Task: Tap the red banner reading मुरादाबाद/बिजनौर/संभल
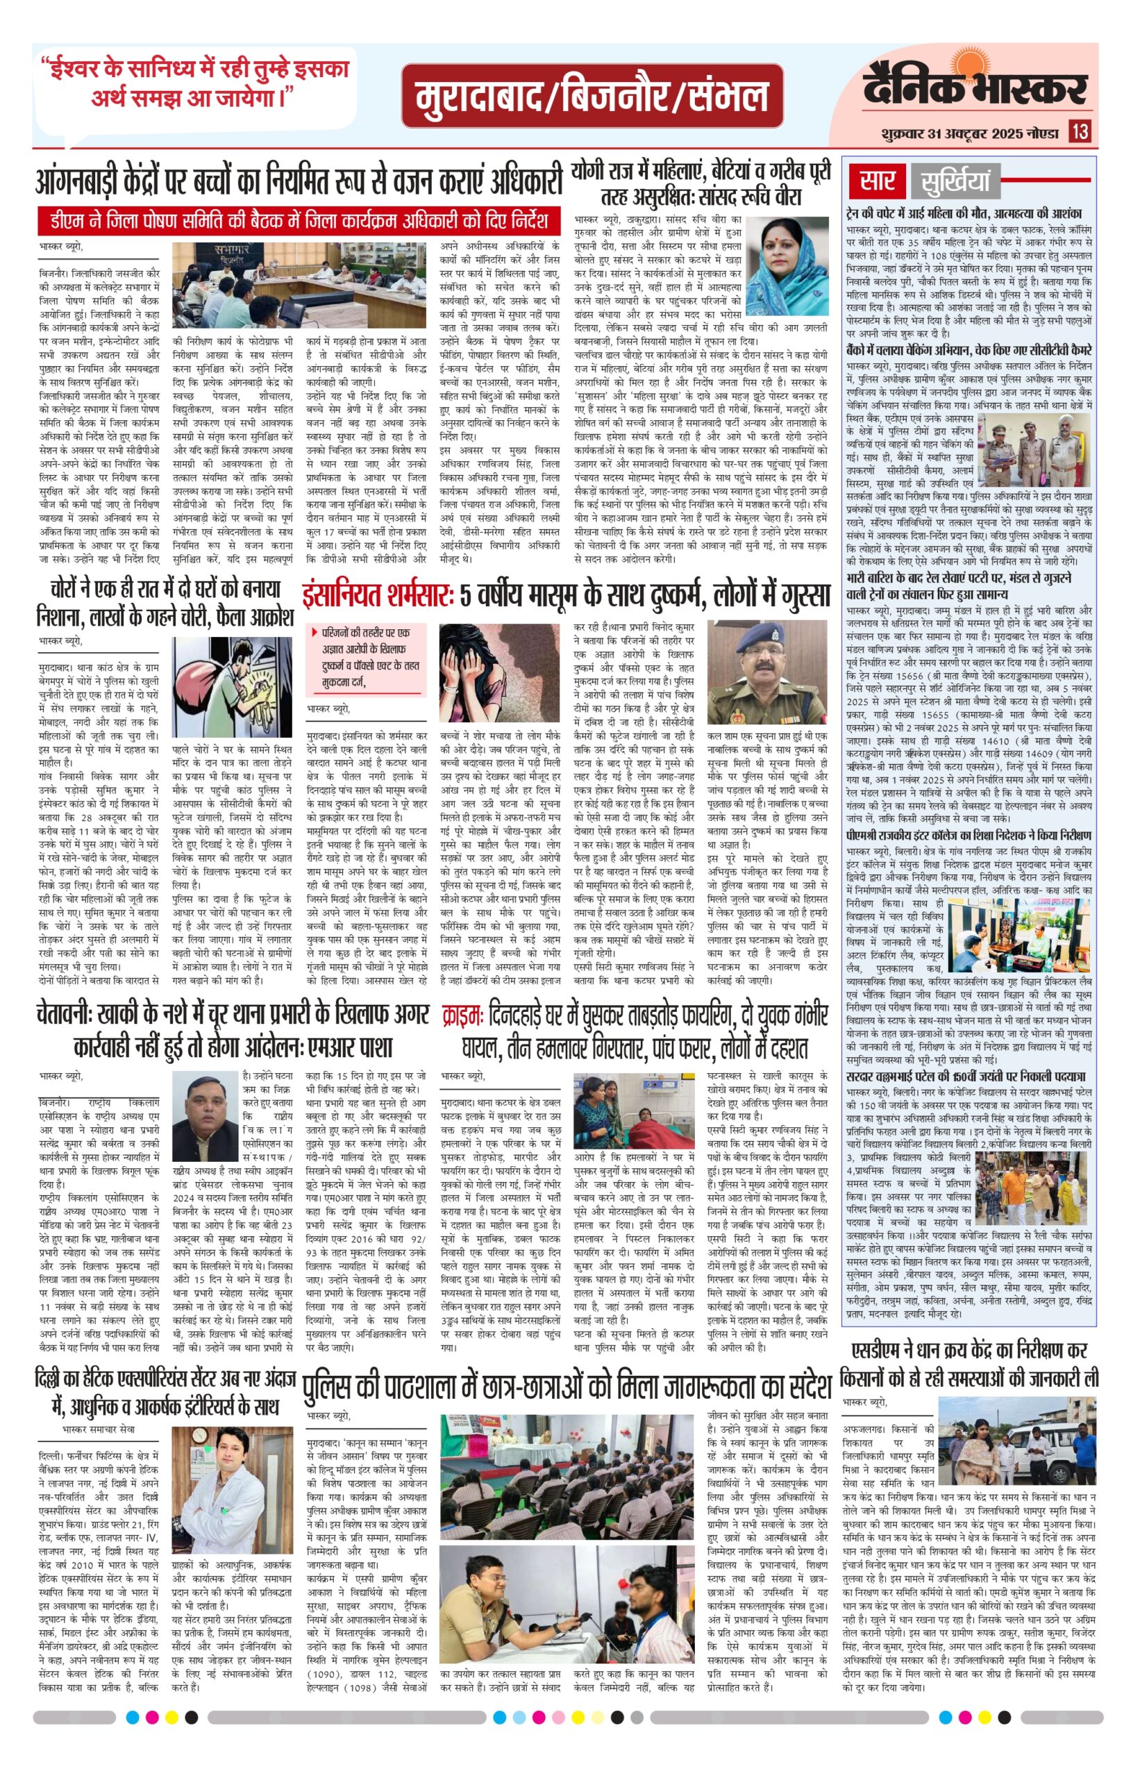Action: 592,97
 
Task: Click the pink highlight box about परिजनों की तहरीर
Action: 366,658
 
